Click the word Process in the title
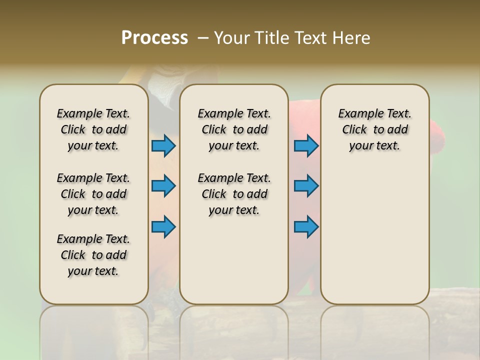(x=154, y=38)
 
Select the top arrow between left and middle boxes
(x=163, y=145)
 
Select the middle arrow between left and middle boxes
(x=163, y=186)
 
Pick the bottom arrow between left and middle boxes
(x=163, y=226)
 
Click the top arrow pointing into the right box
(x=306, y=145)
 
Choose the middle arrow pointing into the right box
(x=306, y=186)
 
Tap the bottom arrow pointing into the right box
(x=306, y=226)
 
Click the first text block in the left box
(x=93, y=129)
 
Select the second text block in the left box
(x=93, y=194)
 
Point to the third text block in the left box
(x=93, y=255)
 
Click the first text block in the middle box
(x=234, y=129)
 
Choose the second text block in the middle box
(x=234, y=194)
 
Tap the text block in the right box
(x=374, y=129)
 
